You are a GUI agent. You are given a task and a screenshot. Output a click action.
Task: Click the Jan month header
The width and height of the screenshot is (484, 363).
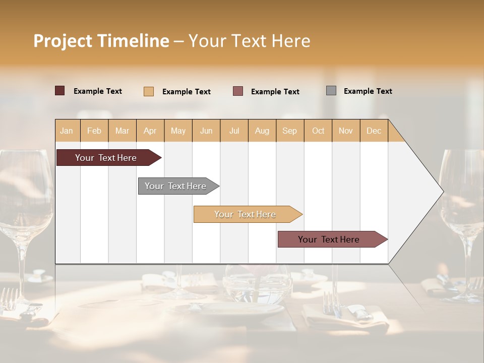point(67,131)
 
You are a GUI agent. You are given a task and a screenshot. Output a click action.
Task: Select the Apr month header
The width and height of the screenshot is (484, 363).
point(150,131)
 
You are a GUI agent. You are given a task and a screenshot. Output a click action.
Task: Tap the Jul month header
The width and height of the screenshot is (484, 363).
point(234,131)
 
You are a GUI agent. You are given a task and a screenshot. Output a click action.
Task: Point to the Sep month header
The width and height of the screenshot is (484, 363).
point(289,131)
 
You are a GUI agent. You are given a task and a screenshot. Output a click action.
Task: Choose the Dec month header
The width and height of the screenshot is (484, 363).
point(374,131)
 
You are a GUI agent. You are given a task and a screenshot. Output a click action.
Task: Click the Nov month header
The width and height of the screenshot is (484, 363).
point(345,131)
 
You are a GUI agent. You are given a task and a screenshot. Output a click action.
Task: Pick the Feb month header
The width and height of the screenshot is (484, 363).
point(94,131)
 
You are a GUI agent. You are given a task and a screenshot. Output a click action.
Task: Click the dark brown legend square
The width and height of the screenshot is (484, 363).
point(60,91)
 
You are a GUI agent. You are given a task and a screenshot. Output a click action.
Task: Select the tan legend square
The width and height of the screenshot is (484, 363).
point(149,91)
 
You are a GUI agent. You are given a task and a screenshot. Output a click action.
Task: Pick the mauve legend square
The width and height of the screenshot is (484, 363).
point(238,91)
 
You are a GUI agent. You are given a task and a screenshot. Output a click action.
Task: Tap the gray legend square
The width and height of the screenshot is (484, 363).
point(331,91)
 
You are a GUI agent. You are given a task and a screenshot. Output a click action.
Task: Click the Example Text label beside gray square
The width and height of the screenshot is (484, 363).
point(368,91)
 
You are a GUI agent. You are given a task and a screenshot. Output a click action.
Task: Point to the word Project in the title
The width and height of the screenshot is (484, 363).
point(62,41)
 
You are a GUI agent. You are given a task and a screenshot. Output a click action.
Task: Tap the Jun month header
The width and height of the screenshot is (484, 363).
point(206,131)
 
